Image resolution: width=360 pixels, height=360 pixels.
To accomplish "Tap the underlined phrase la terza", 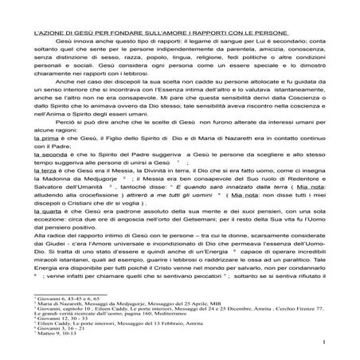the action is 43,194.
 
